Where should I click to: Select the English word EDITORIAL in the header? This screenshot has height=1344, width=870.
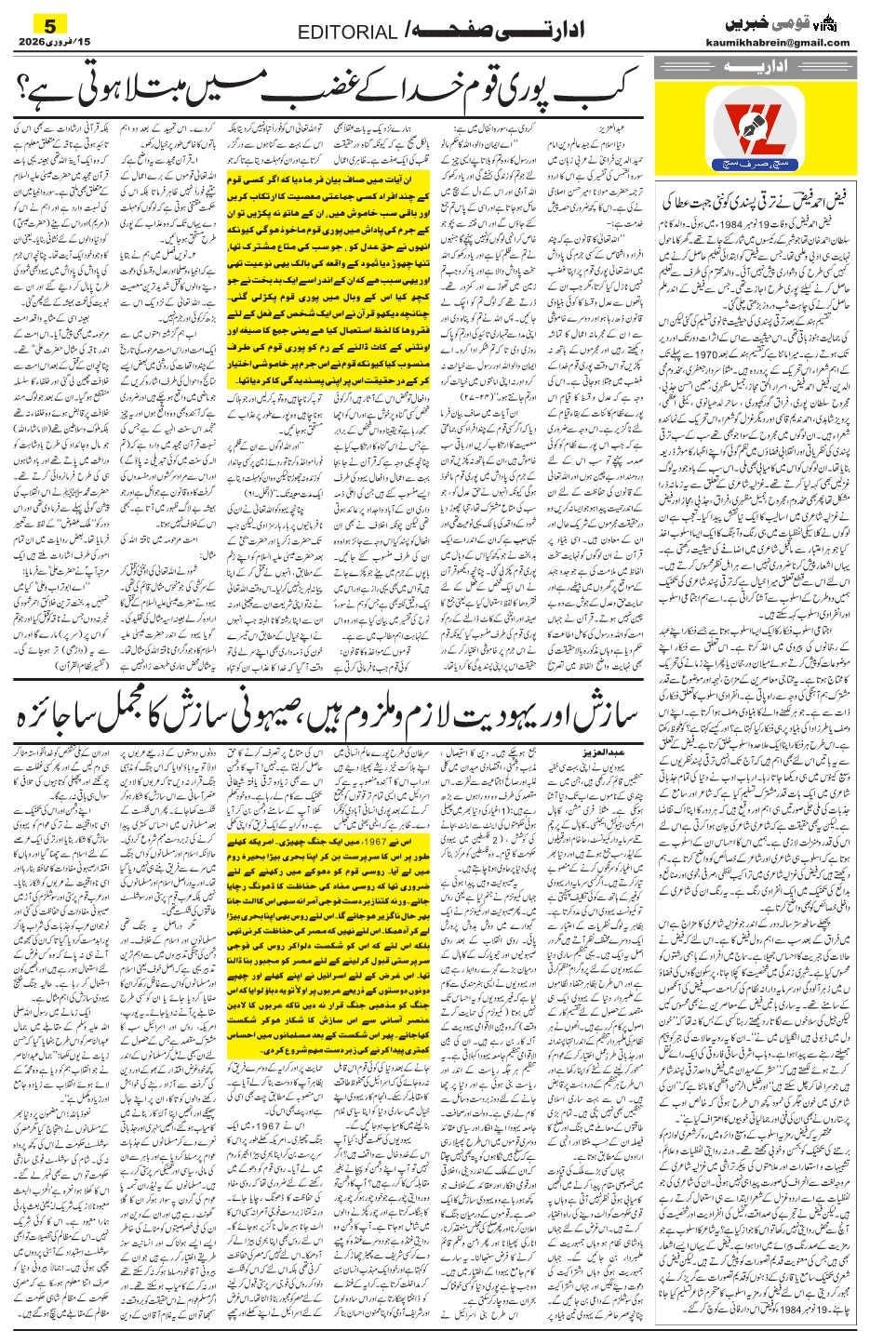tap(347, 33)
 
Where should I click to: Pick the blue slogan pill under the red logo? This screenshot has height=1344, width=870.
tap(756, 189)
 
